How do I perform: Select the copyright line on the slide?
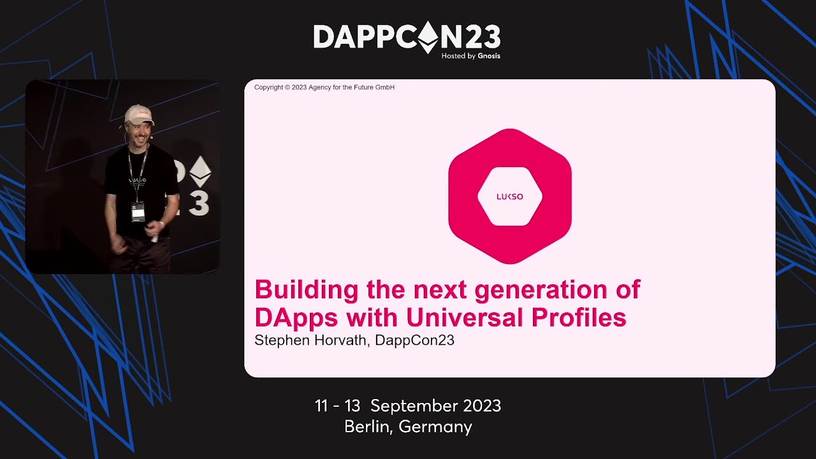324,87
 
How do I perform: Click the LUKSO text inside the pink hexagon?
509,196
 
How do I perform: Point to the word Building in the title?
307,290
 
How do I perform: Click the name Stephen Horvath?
310,340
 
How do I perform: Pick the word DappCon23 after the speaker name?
414,340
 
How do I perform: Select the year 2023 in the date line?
482,406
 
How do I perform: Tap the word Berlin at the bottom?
368,426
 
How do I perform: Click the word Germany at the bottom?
435,426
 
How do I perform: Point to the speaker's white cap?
138,115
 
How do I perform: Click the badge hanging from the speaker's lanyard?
138,212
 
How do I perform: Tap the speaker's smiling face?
138,131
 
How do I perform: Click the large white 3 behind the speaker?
199,204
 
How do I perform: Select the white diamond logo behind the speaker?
200,171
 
